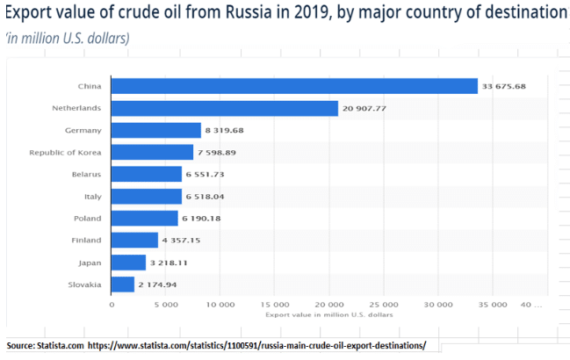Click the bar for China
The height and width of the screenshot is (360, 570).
294,86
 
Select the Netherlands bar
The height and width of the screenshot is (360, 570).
225,108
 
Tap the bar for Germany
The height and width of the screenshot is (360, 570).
156,130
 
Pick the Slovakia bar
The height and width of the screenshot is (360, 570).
123,284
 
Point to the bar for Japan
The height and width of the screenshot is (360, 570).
128,263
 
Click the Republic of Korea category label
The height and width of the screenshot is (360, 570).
70,152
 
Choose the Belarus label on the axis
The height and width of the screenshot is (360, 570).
86,174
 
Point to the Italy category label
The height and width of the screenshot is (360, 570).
92,196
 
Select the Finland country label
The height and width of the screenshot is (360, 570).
87,241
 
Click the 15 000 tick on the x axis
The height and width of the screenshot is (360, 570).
275,306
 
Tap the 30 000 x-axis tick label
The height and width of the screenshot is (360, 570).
438,306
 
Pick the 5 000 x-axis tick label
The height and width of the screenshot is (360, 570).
166,306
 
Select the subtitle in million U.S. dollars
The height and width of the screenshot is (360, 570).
68,38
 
